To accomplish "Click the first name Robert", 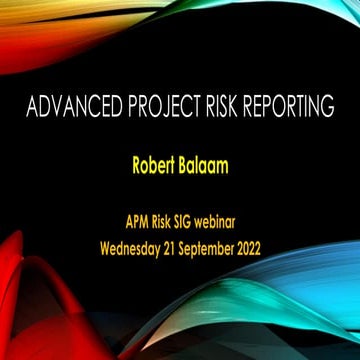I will tap(152, 165).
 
